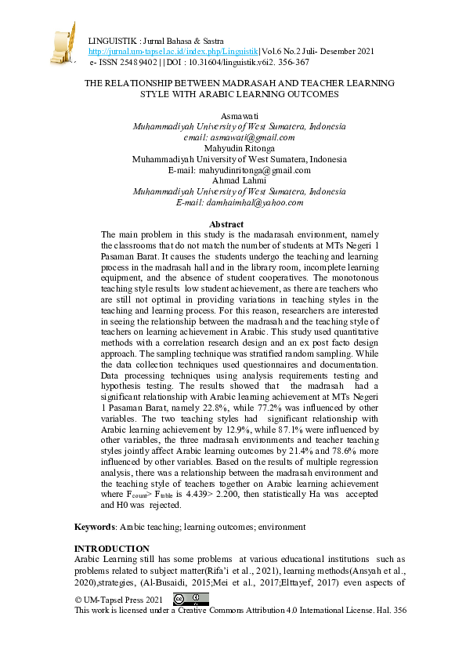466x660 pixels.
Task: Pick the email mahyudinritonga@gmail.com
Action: [x=240, y=169]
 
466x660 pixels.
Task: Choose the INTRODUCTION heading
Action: [x=111, y=548]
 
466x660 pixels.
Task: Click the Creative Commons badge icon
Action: [x=190, y=599]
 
